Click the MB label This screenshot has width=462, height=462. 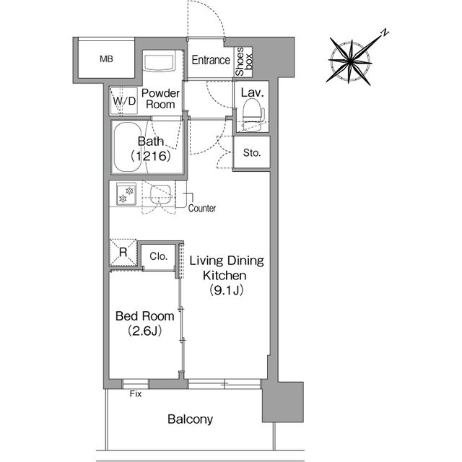(106, 59)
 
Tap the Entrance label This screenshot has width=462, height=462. (211, 60)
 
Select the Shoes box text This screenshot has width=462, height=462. (244, 61)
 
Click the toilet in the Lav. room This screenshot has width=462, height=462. (252, 114)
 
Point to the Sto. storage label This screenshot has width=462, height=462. (252, 152)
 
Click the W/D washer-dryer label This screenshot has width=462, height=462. (124, 101)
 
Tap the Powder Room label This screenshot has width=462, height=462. (160, 99)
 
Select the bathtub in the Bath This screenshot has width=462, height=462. (127, 147)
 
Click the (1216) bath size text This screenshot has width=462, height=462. (151, 156)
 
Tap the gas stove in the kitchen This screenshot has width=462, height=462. (126, 194)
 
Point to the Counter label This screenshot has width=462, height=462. (202, 209)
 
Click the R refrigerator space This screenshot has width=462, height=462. (123, 252)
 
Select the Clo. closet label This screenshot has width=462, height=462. (159, 256)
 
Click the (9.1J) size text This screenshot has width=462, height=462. (226, 290)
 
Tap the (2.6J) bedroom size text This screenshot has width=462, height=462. (144, 331)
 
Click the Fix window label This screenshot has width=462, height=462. (136, 394)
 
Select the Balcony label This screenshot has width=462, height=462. (190, 419)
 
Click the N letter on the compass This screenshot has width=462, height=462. (385, 32)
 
